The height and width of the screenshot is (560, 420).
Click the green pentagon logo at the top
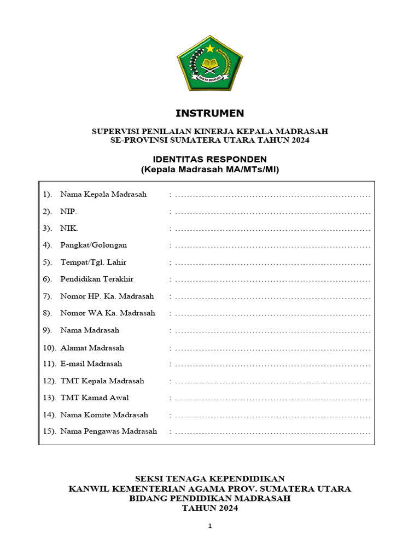210,63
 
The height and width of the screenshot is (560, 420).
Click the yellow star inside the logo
209,49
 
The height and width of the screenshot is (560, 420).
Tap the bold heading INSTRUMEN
210,114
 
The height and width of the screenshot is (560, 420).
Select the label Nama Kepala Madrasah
103,194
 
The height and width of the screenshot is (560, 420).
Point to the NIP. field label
69,211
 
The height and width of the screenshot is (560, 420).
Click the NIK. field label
69,228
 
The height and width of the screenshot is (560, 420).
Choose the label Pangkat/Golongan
94,245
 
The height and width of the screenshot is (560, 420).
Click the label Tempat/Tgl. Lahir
93,262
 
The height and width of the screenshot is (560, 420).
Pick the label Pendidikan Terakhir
97,279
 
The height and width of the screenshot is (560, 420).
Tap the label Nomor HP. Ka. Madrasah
107,296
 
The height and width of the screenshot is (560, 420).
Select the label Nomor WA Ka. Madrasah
108,313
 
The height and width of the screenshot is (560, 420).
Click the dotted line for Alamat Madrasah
273,348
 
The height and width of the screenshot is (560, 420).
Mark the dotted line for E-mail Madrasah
273,365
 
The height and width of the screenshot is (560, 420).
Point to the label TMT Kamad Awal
95,398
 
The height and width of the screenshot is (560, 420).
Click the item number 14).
49,415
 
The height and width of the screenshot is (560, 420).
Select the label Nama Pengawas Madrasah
108,431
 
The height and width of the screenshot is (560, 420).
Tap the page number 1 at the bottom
209,526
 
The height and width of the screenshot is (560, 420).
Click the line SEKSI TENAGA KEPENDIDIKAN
210,479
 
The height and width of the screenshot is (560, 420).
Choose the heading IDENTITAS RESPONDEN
210,159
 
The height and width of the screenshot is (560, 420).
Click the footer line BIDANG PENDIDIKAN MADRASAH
210,498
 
